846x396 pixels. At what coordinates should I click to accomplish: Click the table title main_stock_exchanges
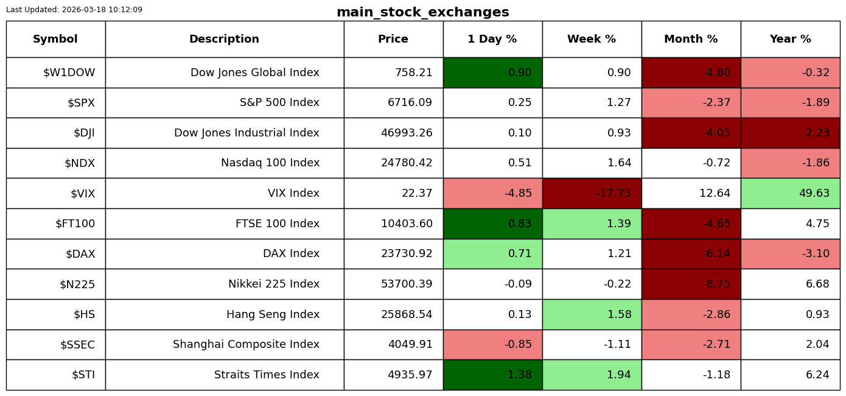click(x=422, y=12)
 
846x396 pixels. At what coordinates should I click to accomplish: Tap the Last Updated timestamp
click(x=74, y=10)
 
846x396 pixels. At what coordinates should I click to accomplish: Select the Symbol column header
click(x=55, y=39)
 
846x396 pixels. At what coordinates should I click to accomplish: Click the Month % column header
click(x=691, y=39)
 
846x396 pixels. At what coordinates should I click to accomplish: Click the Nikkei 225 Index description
click(x=274, y=284)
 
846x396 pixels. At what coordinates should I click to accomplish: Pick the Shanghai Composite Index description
click(x=246, y=344)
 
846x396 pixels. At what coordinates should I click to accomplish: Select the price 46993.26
click(x=407, y=133)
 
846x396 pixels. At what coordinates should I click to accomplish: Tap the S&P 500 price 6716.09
click(x=410, y=102)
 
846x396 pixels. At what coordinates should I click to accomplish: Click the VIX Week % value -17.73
click(x=614, y=193)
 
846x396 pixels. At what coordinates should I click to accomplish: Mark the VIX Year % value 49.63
click(x=814, y=193)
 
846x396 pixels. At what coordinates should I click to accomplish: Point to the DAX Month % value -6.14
click(x=716, y=253)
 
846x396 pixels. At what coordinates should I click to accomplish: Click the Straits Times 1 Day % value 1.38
click(x=520, y=375)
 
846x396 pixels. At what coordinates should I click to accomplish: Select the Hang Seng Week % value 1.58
click(x=619, y=314)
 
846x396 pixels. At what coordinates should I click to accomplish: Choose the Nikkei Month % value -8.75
click(x=716, y=284)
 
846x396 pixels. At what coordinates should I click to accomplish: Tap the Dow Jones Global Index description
click(x=255, y=72)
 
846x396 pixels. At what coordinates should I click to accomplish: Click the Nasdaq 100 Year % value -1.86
click(x=816, y=163)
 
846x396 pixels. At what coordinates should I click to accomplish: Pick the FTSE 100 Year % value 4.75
click(x=817, y=224)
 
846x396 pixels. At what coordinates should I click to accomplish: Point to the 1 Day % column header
click(x=492, y=39)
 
